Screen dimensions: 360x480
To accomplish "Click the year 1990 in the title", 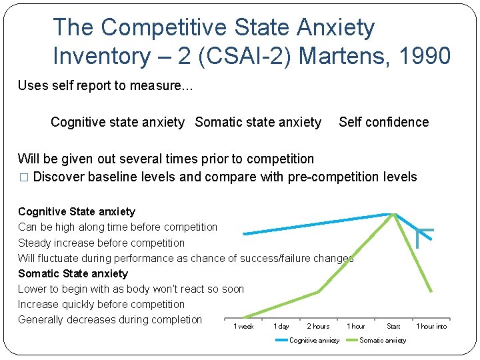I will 425,56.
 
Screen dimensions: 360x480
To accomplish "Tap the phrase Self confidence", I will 383,122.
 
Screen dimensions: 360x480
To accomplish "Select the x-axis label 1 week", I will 243,327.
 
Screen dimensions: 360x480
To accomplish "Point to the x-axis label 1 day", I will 281,327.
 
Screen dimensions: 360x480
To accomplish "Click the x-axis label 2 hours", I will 318,327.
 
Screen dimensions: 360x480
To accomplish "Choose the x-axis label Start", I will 393,327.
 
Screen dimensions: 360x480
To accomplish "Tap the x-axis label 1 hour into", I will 431,327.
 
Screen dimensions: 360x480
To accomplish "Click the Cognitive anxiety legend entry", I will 313,341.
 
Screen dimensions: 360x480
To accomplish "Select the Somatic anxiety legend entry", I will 382,341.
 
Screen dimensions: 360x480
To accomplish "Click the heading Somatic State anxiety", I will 73,273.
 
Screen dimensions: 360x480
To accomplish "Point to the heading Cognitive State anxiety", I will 77,211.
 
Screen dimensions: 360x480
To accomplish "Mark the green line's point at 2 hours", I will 318,292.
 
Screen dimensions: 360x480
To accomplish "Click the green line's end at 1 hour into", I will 431,291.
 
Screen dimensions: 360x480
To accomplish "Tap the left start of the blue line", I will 244,233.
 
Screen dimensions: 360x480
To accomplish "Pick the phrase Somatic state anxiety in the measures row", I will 258,122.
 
